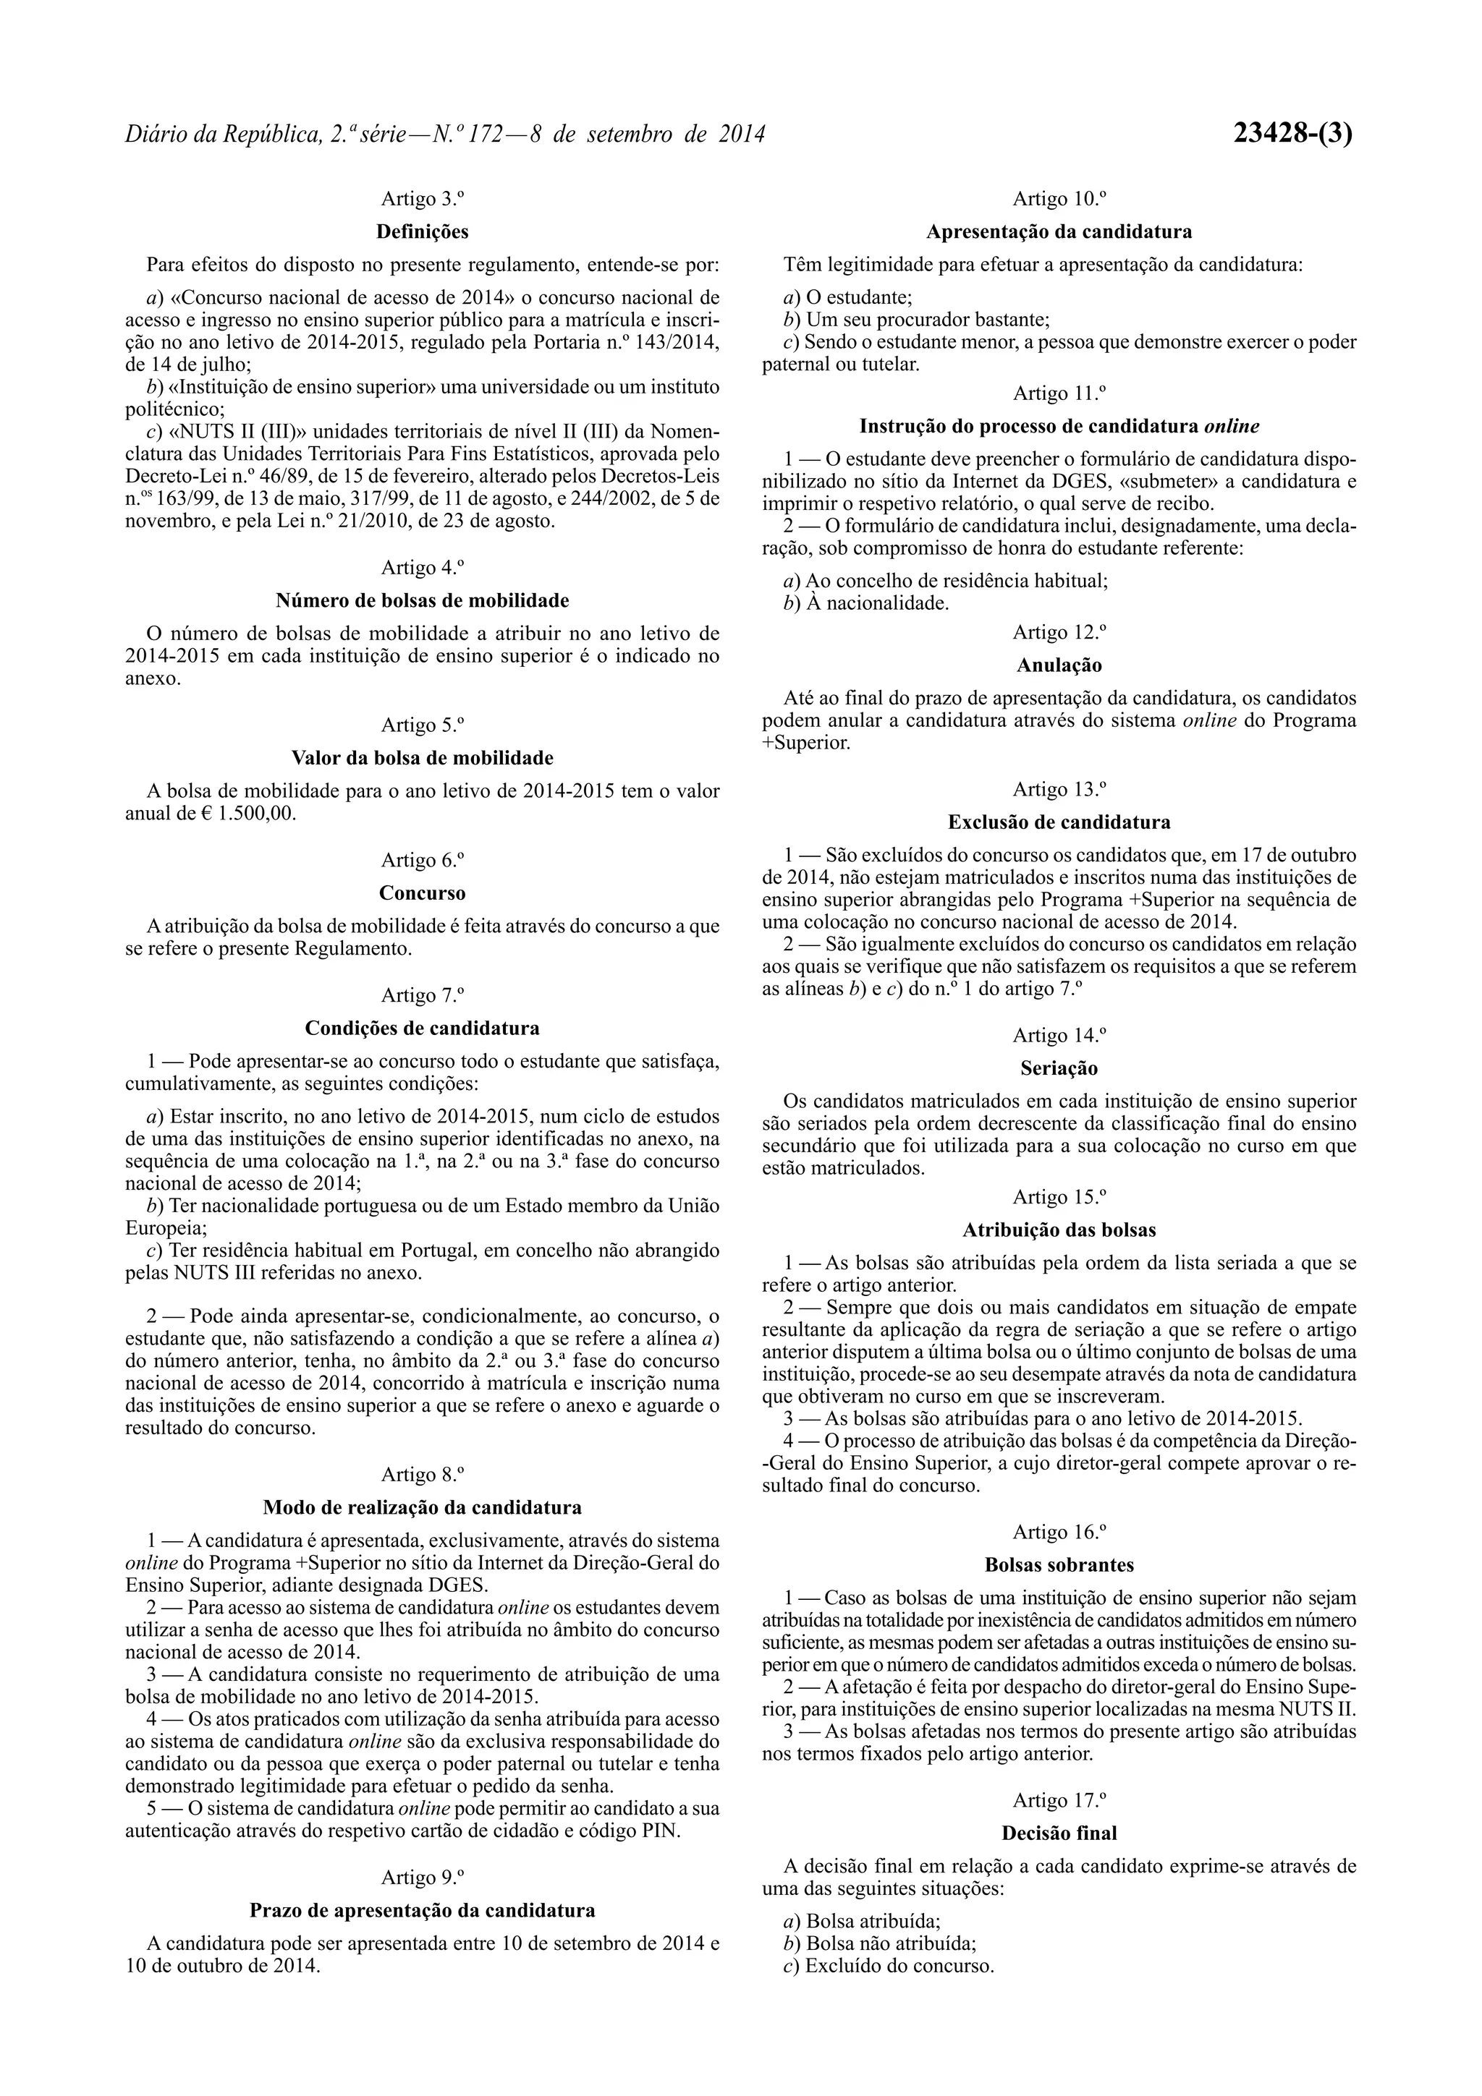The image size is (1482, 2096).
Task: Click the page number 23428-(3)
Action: [1292, 135]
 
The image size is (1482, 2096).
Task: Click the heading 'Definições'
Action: [422, 232]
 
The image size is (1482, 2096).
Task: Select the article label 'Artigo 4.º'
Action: [422, 567]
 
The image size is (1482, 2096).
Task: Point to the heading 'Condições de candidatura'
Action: [422, 1028]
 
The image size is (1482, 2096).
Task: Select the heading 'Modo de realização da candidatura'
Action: [422, 1507]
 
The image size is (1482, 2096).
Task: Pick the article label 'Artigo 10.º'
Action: [1059, 198]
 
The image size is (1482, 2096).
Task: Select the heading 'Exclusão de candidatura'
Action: [1059, 822]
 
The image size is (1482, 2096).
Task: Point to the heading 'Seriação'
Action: [1059, 1068]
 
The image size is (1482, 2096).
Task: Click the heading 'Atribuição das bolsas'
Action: [1059, 1230]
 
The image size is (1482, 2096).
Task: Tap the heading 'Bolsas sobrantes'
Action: [1059, 1564]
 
